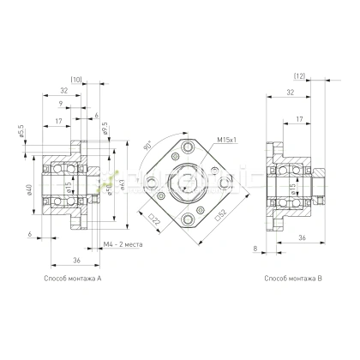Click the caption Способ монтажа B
[x=292, y=279]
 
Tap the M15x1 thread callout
[x=226, y=139]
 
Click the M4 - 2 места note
[x=122, y=244]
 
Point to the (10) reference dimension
[x=76, y=80]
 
